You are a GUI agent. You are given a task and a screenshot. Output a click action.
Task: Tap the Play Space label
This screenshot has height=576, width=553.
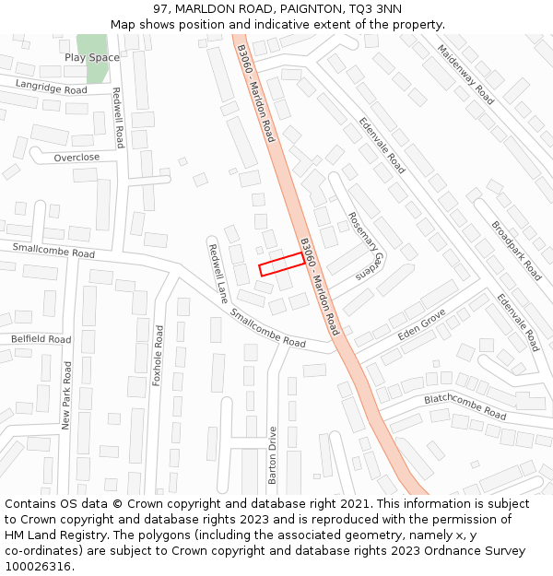92,58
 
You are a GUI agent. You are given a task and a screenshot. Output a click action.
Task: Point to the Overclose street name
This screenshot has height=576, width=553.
76,158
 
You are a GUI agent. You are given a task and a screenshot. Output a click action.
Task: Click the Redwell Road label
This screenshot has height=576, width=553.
117,117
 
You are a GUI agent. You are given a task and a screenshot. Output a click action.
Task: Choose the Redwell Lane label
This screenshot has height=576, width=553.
218,274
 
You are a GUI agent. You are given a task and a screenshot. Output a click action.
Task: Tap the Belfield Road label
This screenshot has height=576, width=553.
41,339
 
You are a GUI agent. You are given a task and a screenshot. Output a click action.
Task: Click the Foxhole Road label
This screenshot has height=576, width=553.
158,355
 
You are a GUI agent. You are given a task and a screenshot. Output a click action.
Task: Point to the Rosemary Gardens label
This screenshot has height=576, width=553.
363,245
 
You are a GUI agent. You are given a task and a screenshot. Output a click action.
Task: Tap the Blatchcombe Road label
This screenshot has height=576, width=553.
465,406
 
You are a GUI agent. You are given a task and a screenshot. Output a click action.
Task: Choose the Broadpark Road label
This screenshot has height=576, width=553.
516,250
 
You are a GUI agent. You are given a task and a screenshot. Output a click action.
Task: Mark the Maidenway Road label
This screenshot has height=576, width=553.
465,74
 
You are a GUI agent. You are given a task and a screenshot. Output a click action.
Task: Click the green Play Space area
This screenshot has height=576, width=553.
91,43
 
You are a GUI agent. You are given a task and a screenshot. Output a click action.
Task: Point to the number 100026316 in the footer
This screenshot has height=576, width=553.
38,566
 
